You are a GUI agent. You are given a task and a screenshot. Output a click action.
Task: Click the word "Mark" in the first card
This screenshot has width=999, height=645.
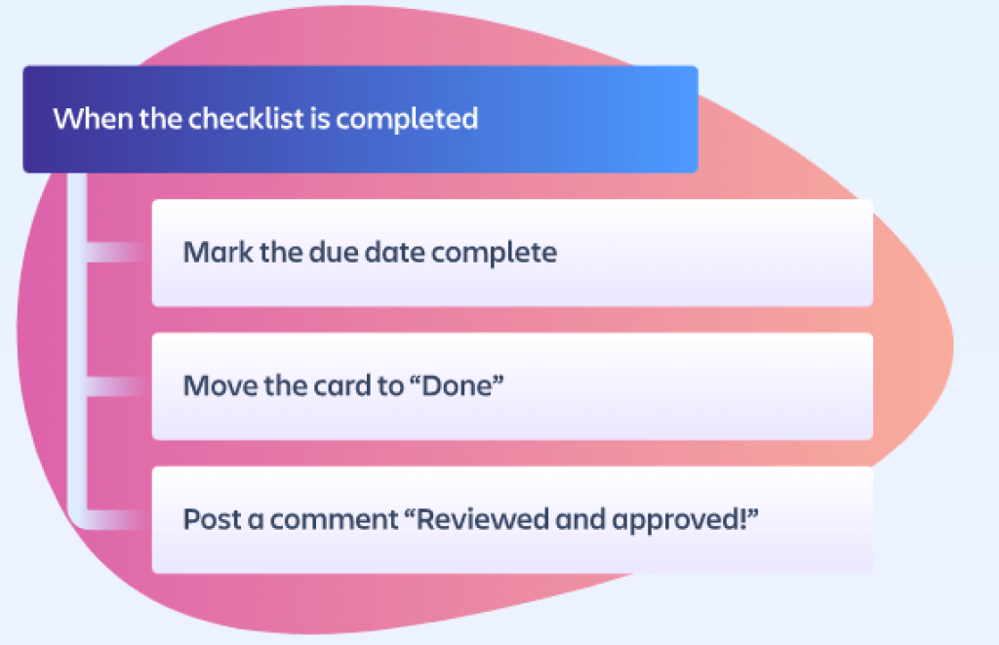coord(211,253)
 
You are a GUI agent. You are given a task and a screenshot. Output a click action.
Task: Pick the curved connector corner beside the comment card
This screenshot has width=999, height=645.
coord(86,513)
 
